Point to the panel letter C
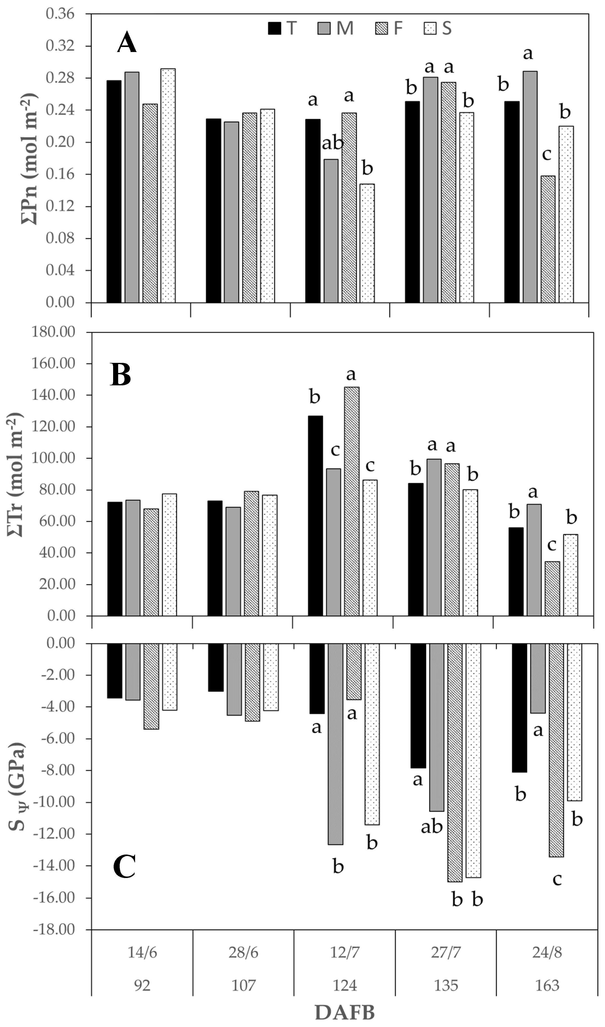pyautogui.click(x=124, y=867)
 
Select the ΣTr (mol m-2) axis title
pyautogui.click(x=16, y=474)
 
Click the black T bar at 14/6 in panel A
pyautogui.click(x=114, y=192)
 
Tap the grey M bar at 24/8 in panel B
pyautogui.click(x=534, y=560)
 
